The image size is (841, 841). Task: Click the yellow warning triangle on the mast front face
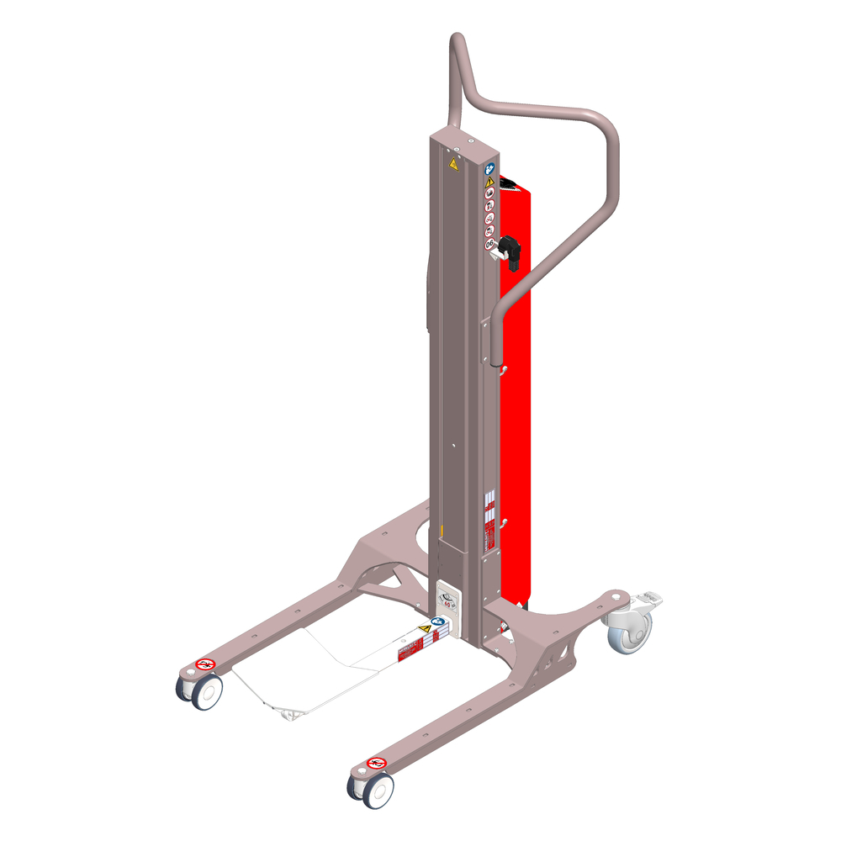coord(453,162)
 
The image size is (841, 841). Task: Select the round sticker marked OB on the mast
coord(489,244)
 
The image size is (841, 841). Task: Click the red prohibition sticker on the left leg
coord(205,664)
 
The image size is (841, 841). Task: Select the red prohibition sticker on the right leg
coord(376,763)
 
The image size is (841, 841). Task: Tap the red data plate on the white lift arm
coord(410,649)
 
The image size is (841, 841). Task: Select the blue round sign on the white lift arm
coord(437,623)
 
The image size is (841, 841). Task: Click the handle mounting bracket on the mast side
coord(487,341)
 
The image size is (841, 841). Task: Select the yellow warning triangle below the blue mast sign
coord(489,181)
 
